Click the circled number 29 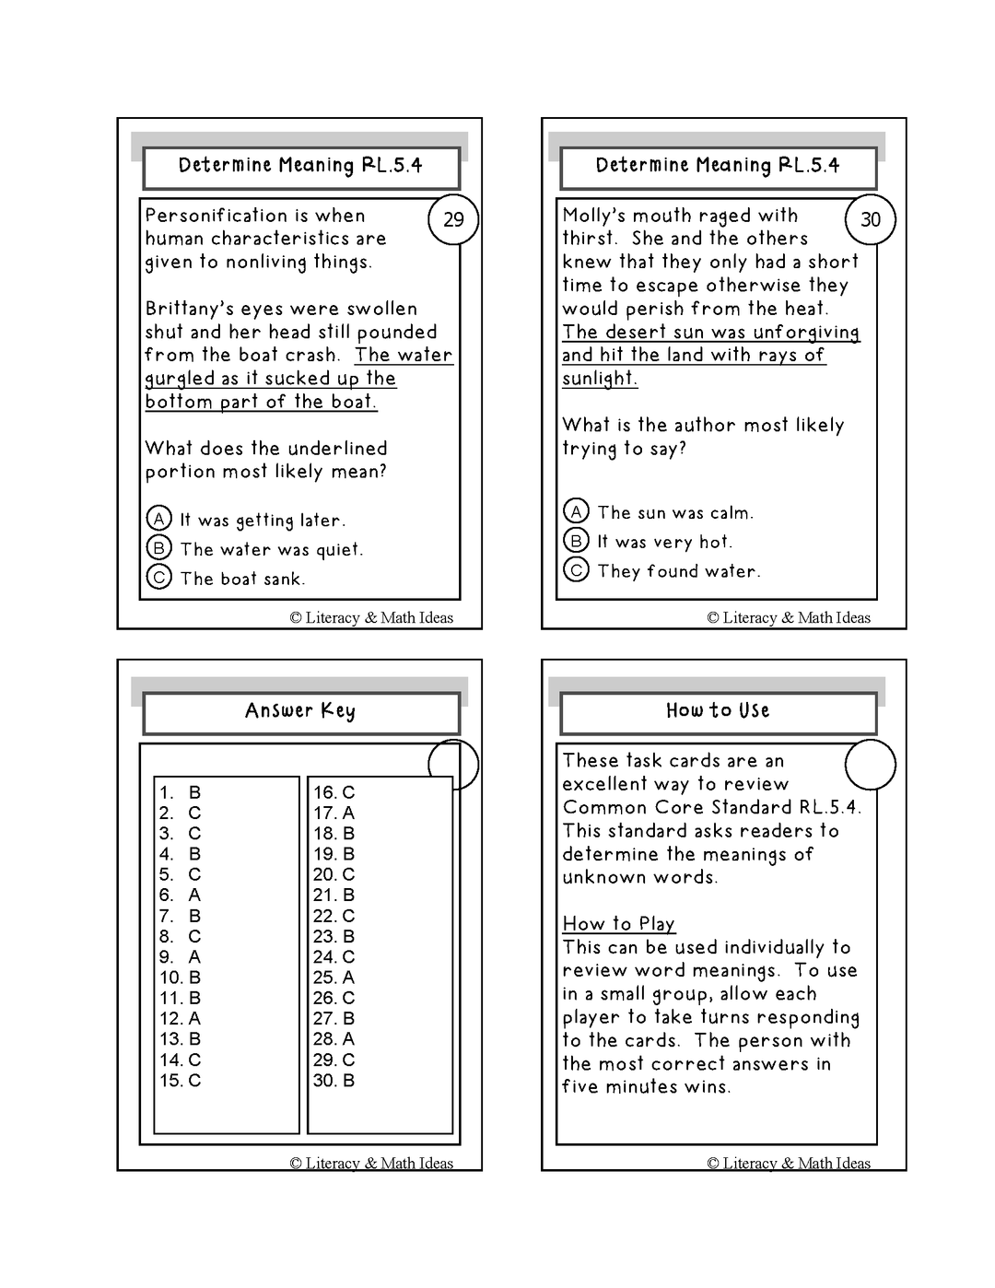pyautogui.click(x=453, y=219)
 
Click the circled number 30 pyautogui.click(x=871, y=219)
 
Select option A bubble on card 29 pyautogui.click(x=159, y=519)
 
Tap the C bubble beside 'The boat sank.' pyautogui.click(x=159, y=578)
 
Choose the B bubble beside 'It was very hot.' pyautogui.click(x=576, y=541)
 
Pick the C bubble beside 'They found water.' pyautogui.click(x=576, y=570)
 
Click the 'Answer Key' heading pyautogui.click(x=300, y=710)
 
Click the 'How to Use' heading pyautogui.click(x=718, y=710)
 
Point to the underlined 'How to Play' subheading pyautogui.click(x=619, y=923)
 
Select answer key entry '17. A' pyautogui.click(x=334, y=813)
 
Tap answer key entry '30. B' pyautogui.click(x=334, y=1080)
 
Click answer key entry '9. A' pyautogui.click(x=180, y=956)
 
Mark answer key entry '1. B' pyautogui.click(x=180, y=792)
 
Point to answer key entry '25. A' pyautogui.click(x=334, y=977)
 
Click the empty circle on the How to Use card pyautogui.click(x=871, y=765)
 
